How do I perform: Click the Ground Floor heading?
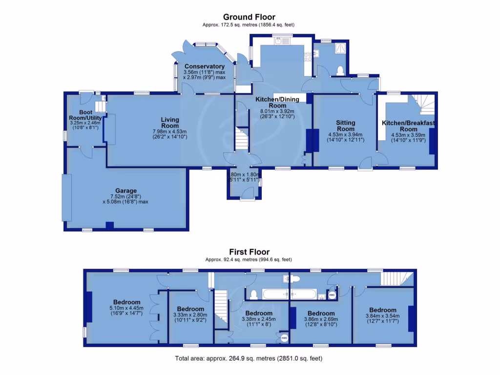coord(249,17)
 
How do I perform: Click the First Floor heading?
coord(250,252)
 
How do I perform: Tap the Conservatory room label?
coord(205,66)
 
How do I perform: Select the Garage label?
coord(126,191)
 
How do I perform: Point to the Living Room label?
coord(170,123)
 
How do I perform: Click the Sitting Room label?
coord(346,125)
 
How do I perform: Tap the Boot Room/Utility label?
coord(85,115)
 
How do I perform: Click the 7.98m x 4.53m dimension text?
coord(169,131)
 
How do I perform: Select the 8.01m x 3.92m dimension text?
coord(277,111)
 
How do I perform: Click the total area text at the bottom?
coord(249,358)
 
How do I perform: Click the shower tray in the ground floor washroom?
coord(340,48)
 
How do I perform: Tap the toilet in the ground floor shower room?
coord(340,70)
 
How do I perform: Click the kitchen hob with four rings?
coord(308,57)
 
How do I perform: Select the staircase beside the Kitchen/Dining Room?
coord(242,138)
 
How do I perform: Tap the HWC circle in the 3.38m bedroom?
coord(284,338)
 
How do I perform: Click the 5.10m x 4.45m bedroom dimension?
coord(126,308)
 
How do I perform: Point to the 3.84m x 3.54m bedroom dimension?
coord(383,316)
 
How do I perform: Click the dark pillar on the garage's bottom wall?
coord(110,226)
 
